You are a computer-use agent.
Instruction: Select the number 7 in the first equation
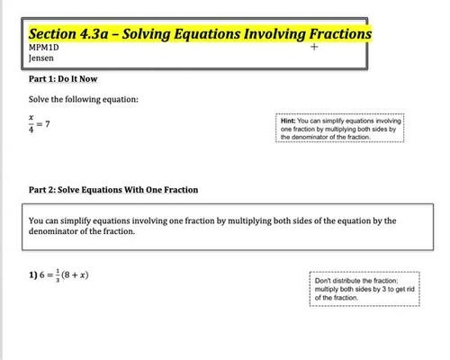tap(49, 124)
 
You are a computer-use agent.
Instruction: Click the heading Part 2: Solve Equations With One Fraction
tap(113, 191)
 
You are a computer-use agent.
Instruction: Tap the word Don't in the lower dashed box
tap(324, 281)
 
